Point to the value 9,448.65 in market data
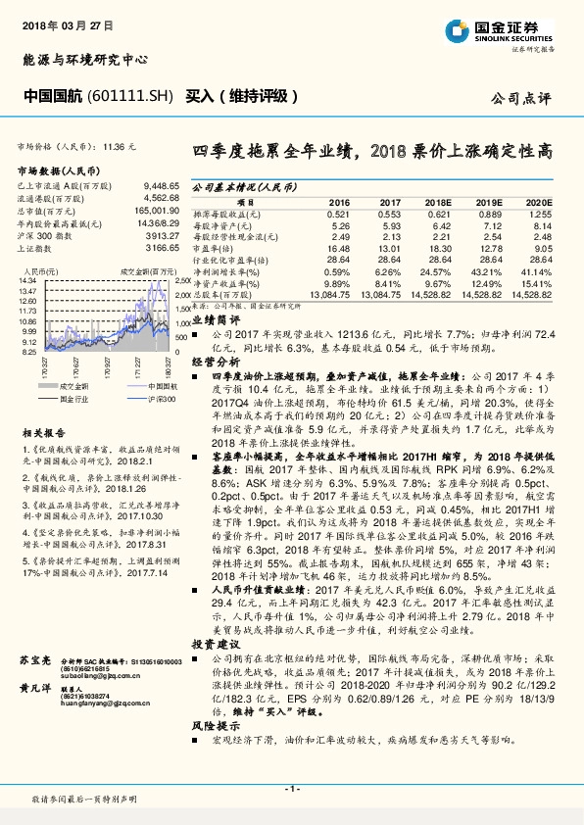161,184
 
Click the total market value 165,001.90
158,211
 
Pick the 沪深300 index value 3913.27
162,236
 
